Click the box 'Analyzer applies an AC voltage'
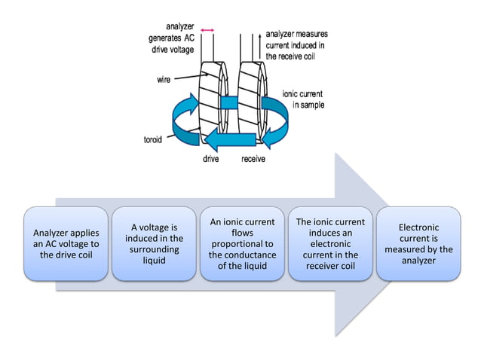pyautogui.click(x=66, y=243)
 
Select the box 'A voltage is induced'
pyautogui.click(x=154, y=243)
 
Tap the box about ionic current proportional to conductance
pyautogui.click(x=242, y=243)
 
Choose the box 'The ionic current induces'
pyautogui.click(x=330, y=243)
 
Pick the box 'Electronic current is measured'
pyautogui.click(x=418, y=243)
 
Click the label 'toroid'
pyautogui.click(x=155, y=140)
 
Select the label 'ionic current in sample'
pyautogui.click(x=303, y=99)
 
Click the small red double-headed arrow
pyautogui.click(x=207, y=29)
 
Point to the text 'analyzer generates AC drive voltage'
pyautogui.click(x=173, y=38)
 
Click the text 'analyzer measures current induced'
pyautogui.click(x=296, y=44)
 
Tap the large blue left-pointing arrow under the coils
pyautogui.click(x=234, y=139)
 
